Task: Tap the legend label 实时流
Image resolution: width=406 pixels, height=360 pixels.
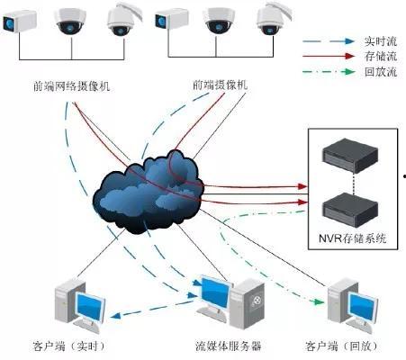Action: pos(372,42)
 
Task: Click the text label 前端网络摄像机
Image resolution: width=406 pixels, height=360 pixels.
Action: pos(70,87)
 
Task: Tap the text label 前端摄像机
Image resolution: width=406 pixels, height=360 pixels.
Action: pos(220,86)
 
